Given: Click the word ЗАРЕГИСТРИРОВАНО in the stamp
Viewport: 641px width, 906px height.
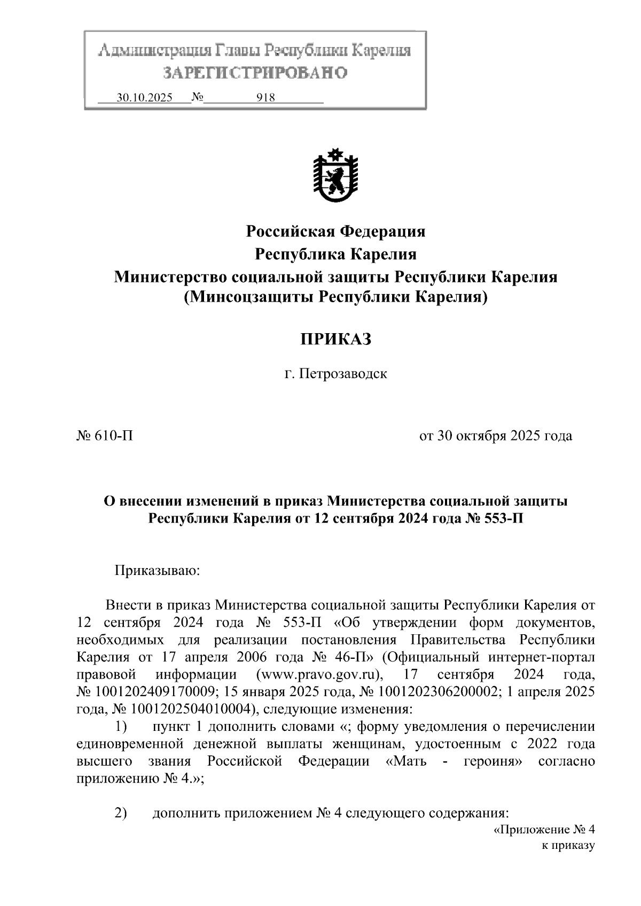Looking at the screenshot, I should pos(255,73).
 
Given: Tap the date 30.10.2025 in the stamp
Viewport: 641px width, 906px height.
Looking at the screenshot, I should pos(145,98).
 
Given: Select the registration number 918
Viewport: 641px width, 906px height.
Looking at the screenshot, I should pos(265,98).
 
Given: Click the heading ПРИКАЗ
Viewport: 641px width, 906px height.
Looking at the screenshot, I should pos(335,339).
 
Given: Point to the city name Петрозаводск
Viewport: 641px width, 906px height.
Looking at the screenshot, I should pos(343,374).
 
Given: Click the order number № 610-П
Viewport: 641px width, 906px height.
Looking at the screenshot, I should pos(105,436).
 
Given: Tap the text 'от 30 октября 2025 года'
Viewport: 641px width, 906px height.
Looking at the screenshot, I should pos(495,436).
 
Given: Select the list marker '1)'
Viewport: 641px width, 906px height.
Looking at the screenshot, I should pos(122,727).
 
